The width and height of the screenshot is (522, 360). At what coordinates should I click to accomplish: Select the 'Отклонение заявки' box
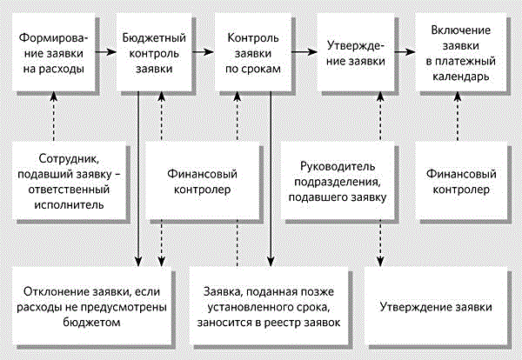(93, 307)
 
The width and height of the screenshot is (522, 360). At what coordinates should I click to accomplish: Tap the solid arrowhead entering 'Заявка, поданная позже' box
(271, 260)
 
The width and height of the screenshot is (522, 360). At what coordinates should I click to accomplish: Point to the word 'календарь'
(458, 77)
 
